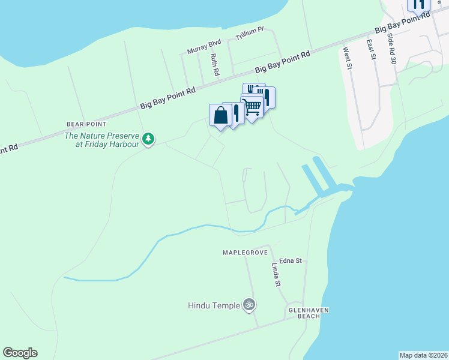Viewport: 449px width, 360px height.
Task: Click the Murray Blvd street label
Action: coord(204,47)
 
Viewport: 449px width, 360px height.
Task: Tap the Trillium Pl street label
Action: coord(250,35)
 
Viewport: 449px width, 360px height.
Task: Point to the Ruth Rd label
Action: coord(214,65)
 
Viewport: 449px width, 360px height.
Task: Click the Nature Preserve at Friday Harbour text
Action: coord(102,140)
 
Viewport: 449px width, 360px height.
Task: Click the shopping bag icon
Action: coord(220,115)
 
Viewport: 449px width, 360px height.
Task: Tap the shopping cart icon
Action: coord(252,107)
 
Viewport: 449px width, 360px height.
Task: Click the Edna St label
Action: coord(289,261)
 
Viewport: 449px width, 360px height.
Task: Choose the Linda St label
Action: coord(276,274)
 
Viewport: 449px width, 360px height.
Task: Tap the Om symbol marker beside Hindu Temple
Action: coord(249,305)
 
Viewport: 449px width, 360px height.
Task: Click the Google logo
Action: coord(20,353)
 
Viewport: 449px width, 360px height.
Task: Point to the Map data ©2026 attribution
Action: coord(424,355)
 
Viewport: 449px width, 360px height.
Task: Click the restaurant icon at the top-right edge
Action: coord(418,4)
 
